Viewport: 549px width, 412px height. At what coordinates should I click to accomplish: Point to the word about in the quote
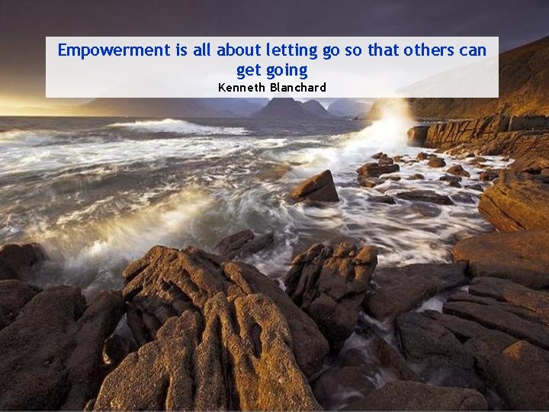238,51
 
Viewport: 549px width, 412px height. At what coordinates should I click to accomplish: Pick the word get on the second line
248,71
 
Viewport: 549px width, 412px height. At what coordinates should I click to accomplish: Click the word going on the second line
287,71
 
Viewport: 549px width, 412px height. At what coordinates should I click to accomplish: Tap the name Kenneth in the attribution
242,88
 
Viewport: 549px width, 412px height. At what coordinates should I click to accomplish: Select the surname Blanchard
298,88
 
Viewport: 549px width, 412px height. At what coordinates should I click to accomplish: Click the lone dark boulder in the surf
315,187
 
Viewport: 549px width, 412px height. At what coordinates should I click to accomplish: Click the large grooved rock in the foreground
206,328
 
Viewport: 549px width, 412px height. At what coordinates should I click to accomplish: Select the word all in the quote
201,51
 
